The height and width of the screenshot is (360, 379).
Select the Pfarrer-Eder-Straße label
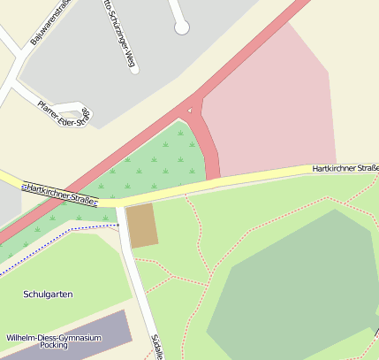pyautogui.click(x=64, y=113)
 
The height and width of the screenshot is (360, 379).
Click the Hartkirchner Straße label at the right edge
pyautogui.click(x=345, y=167)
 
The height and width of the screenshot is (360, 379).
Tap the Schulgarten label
pyautogui.click(x=48, y=294)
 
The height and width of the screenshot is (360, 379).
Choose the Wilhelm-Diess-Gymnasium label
pyautogui.click(x=54, y=338)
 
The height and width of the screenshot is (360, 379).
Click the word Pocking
pyautogui.click(x=54, y=349)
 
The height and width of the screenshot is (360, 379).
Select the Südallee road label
pyautogui.click(x=156, y=346)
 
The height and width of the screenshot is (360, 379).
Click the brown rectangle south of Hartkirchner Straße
pyautogui.click(x=142, y=225)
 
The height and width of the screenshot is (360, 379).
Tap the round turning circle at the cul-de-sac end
pyautogui.click(x=181, y=27)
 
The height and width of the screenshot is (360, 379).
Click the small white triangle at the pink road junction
pyautogui.click(x=189, y=110)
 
